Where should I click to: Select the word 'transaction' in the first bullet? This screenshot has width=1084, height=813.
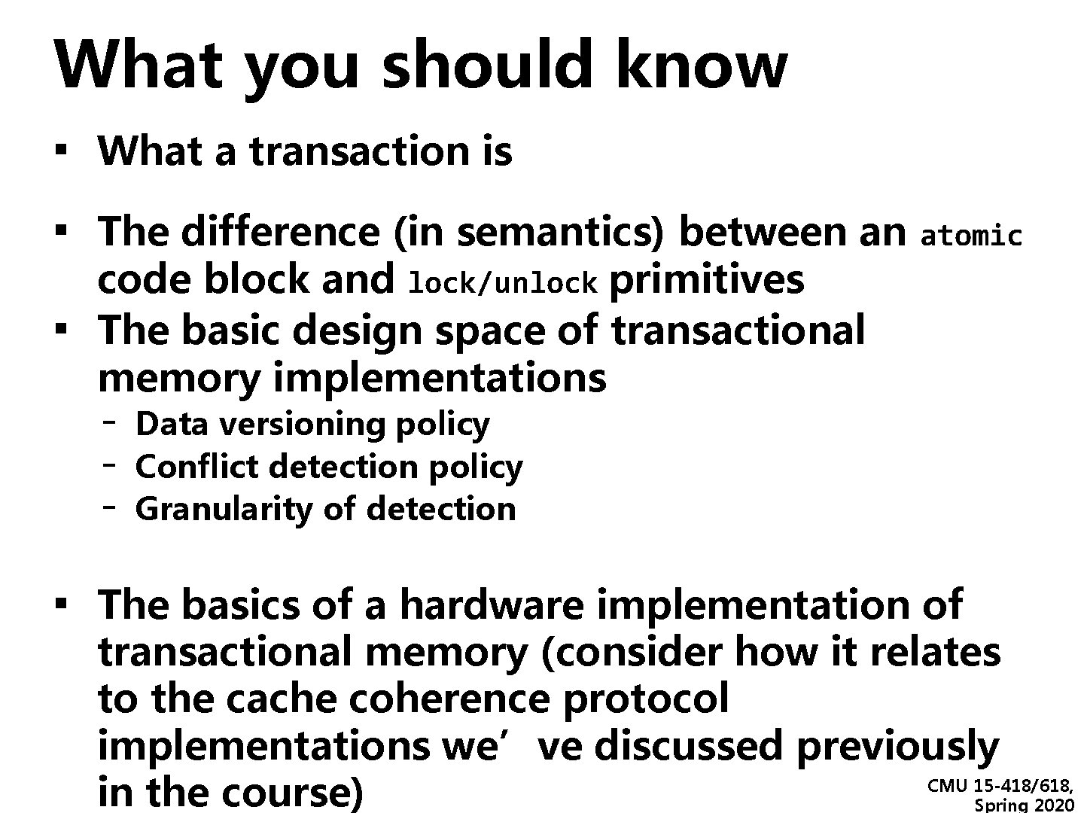coord(357,151)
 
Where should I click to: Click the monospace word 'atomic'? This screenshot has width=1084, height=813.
coord(971,236)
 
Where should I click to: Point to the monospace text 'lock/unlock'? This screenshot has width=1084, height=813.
coord(502,283)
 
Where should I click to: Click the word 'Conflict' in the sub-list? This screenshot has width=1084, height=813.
coord(196,467)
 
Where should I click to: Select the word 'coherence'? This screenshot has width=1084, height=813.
coord(449,699)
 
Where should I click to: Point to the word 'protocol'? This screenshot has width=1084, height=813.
coord(646,699)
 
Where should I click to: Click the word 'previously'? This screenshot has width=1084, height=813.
coord(897,746)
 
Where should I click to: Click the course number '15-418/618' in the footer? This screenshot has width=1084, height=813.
coord(1022,787)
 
